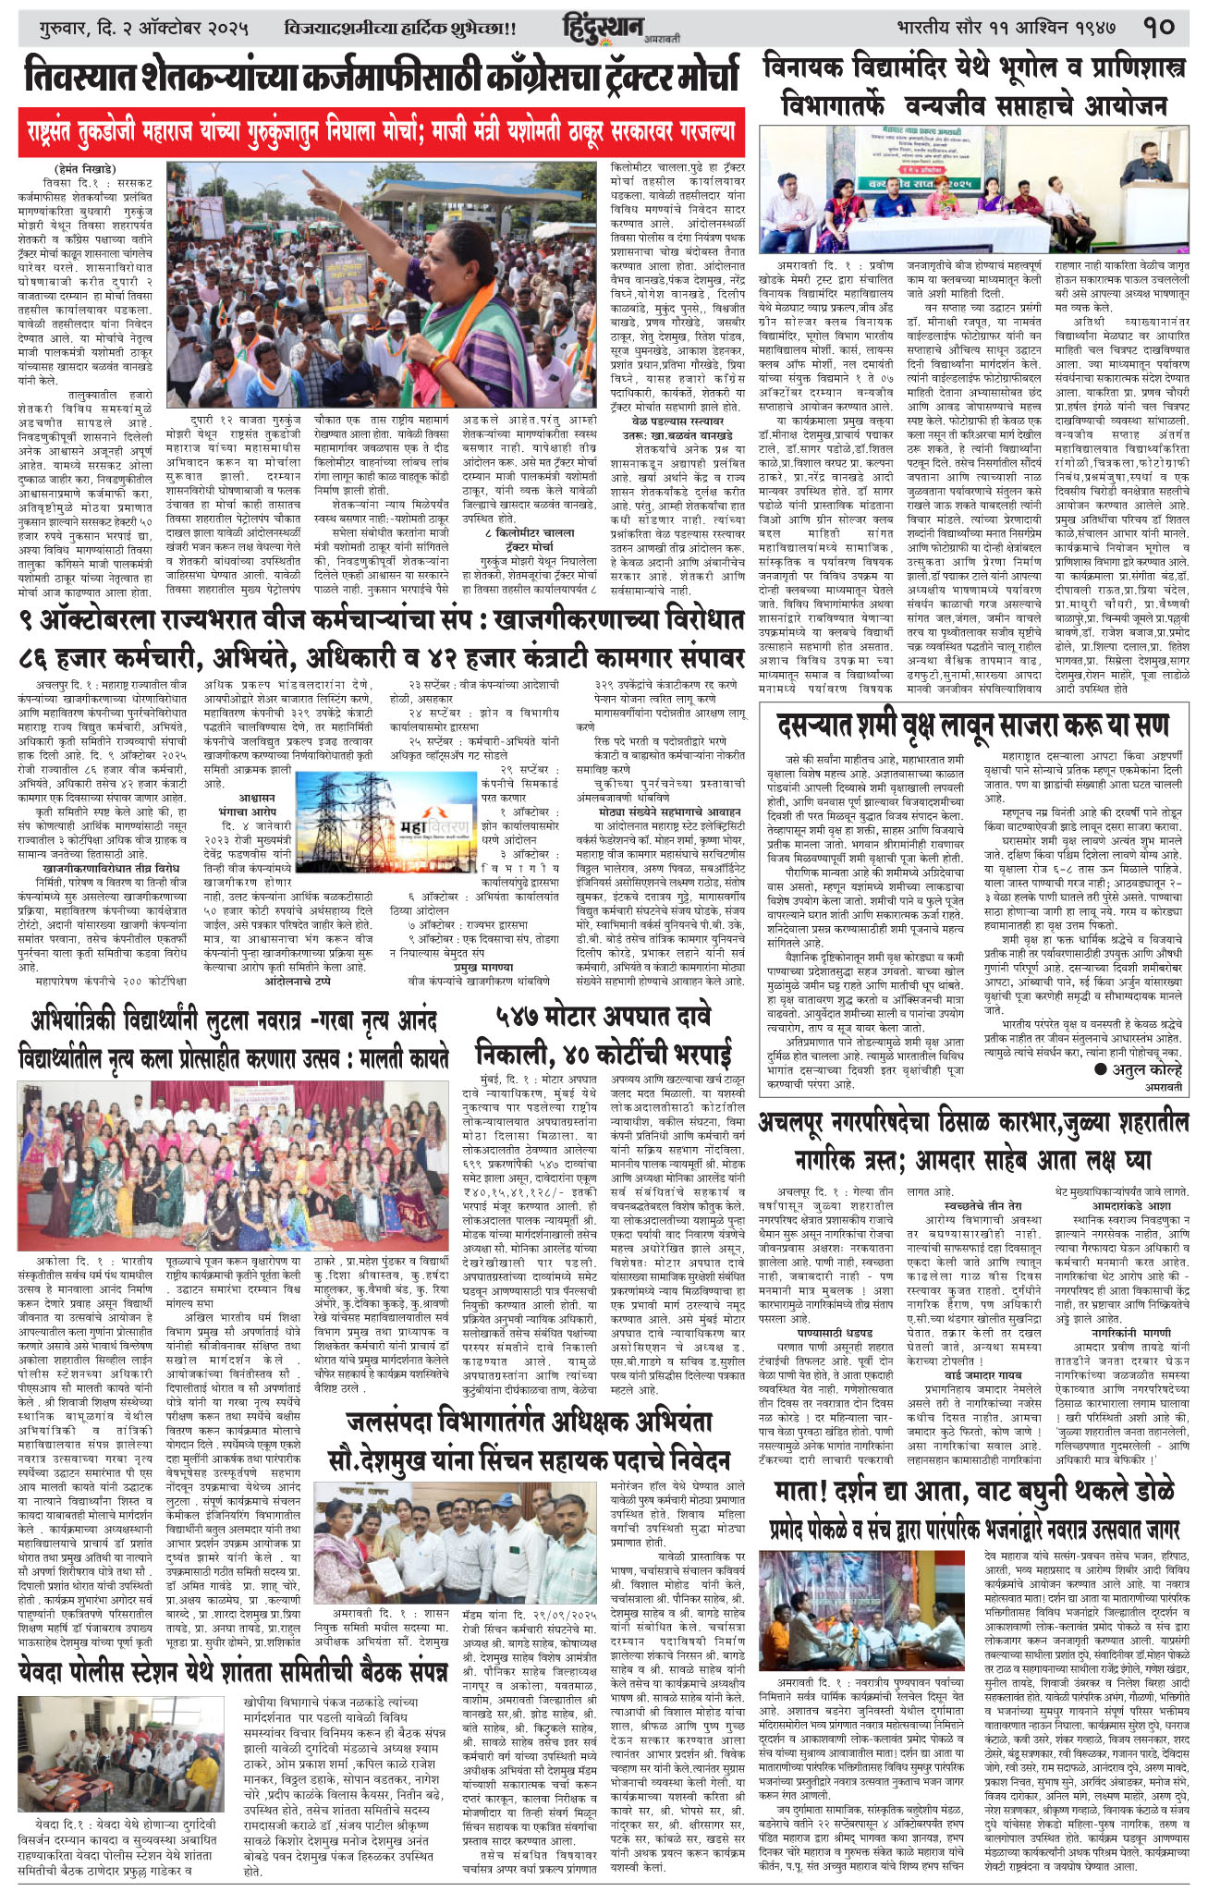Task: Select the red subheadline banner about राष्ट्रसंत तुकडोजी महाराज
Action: [x=381, y=131]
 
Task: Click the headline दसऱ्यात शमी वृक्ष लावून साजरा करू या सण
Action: [x=973, y=725]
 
